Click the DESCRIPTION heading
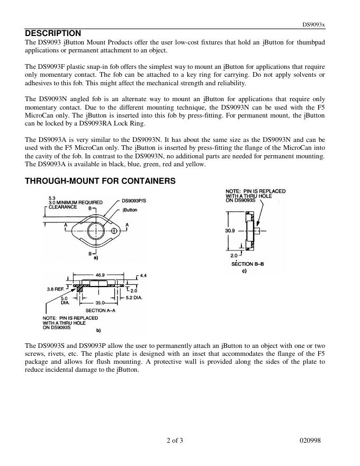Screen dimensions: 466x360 click(53, 33)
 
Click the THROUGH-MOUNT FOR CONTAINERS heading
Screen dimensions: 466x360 click(100, 181)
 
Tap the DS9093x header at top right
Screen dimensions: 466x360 click(314, 24)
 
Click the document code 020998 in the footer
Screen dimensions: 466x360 click(310, 441)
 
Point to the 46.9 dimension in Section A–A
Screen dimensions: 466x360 click(100, 275)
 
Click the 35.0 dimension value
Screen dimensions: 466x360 click(100, 303)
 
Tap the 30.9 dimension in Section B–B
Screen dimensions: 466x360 click(230, 231)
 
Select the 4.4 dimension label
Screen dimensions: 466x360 click(143, 276)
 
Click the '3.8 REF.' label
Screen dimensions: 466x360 click(57, 290)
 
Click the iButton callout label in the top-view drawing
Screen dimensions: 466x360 click(130, 210)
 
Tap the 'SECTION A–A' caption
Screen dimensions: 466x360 click(100, 310)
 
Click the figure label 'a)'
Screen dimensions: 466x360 click(96, 258)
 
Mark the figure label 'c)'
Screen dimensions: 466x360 click(244, 271)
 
